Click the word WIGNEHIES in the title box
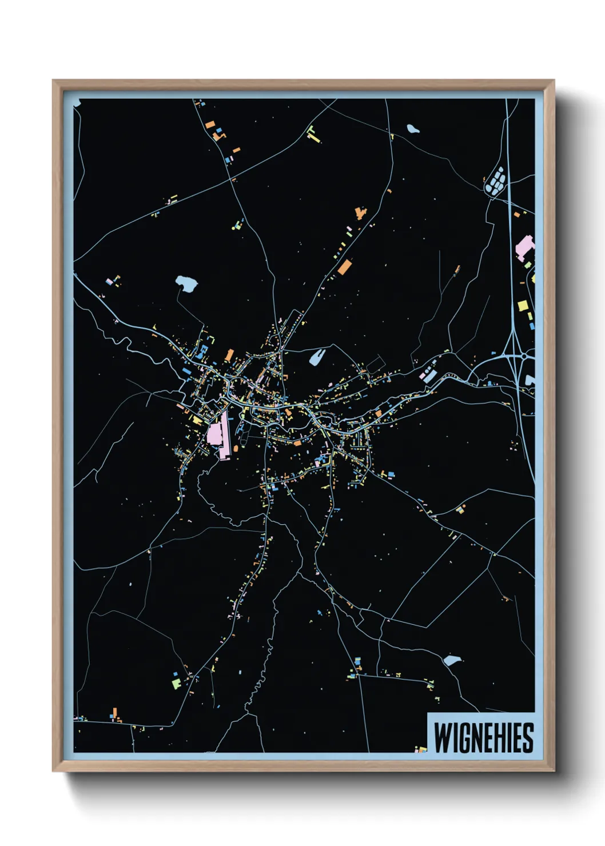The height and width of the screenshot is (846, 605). point(483,737)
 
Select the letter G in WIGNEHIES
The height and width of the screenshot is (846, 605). point(463,737)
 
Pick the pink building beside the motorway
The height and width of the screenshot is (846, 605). point(524,247)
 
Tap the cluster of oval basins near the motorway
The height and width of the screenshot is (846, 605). point(495,181)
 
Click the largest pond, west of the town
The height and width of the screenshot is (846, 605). point(186,282)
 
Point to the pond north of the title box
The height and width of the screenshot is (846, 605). point(452,661)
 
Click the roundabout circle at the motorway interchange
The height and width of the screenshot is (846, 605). point(524,356)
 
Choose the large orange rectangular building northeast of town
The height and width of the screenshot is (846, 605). point(344,266)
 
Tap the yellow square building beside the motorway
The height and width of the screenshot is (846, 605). point(522,306)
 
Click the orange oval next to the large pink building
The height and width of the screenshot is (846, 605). point(236,449)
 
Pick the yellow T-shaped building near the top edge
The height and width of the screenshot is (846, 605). point(312,134)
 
